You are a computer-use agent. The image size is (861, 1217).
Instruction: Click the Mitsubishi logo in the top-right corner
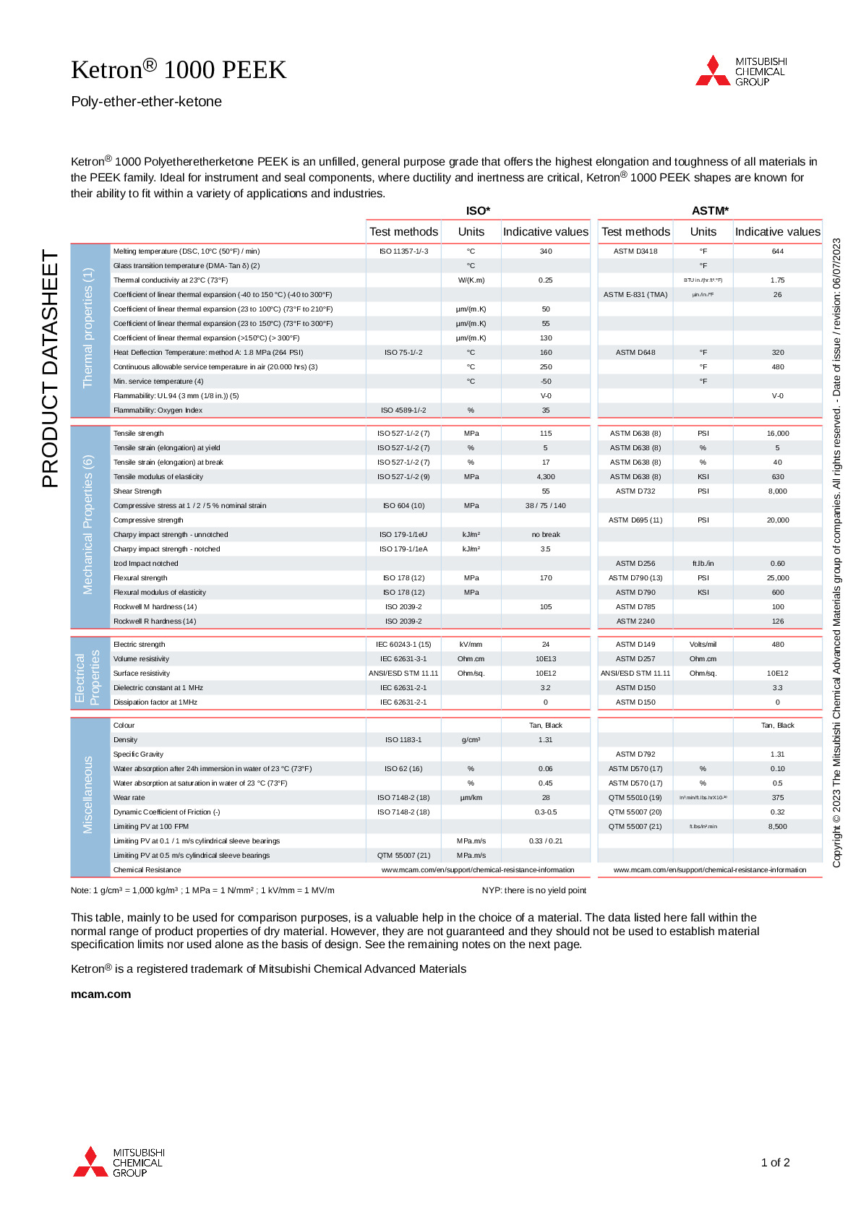[x=740, y=71]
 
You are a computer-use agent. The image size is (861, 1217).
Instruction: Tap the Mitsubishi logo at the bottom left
[x=119, y=1162]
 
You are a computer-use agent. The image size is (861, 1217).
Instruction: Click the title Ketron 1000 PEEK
[x=179, y=69]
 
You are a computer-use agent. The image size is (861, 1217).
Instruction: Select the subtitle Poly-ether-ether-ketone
[x=146, y=102]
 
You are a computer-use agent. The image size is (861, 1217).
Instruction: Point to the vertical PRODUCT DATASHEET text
[x=50, y=369]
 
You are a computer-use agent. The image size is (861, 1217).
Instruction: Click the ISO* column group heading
[x=478, y=211]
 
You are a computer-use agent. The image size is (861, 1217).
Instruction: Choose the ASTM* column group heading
[x=710, y=211]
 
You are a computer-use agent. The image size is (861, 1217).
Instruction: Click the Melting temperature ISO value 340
[x=545, y=251]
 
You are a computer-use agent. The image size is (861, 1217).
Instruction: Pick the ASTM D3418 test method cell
[x=635, y=251]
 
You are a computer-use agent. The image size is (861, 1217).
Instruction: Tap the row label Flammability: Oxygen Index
[x=158, y=410]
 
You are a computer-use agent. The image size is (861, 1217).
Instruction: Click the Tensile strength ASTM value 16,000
[x=778, y=434]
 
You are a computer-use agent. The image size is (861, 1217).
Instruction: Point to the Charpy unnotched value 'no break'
[x=545, y=535]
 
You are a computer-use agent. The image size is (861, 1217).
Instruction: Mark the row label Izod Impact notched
[x=145, y=564]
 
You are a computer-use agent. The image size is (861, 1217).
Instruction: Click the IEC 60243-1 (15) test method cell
[x=403, y=645]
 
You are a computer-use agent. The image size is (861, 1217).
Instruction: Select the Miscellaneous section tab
[x=88, y=794]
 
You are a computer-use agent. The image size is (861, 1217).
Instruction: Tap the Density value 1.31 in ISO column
[x=545, y=740]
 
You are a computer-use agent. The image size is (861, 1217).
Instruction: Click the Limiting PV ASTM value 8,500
[x=778, y=827]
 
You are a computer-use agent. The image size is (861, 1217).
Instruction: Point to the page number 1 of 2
[x=775, y=1163]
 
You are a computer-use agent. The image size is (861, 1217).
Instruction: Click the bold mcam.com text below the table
[x=100, y=994]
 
